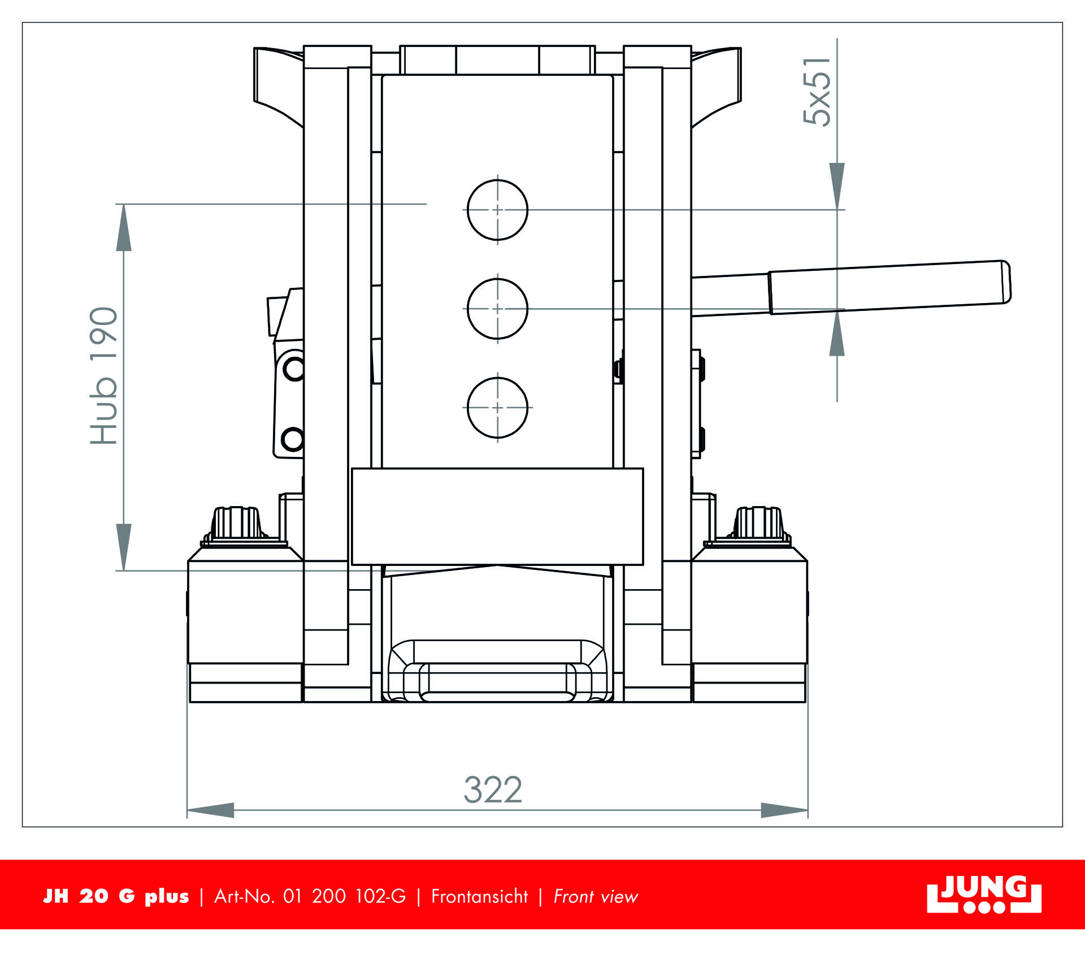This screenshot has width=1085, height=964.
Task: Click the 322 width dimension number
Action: [493, 790]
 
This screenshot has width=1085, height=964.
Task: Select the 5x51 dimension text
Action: [817, 91]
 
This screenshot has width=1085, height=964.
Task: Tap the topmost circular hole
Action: [497, 210]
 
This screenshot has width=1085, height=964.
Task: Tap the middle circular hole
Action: [497, 309]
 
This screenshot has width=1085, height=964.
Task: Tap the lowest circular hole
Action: [497, 408]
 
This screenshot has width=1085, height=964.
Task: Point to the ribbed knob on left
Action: [237, 523]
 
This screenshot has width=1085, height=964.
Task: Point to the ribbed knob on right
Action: [758, 523]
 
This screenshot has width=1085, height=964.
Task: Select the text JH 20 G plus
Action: [116, 896]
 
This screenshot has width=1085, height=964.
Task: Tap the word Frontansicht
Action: [479, 896]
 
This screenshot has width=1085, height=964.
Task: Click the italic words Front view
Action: [596, 896]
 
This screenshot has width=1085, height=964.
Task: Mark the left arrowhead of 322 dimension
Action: [210, 810]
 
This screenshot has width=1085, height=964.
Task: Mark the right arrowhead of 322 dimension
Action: [785, 810]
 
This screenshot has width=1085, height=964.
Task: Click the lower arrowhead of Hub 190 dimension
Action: [124, 547]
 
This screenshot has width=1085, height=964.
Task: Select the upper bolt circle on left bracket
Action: [294, 369]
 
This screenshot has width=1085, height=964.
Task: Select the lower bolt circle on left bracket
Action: [293, 439]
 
